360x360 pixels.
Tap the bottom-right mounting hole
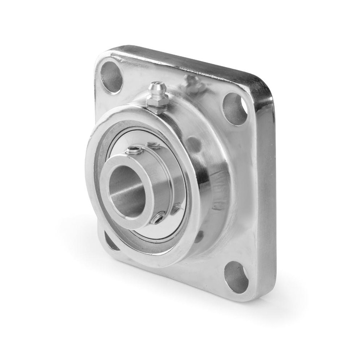(x=236, y=276)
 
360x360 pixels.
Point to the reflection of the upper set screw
(x=154, y=145)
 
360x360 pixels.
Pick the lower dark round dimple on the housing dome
(x=199, y=236)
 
